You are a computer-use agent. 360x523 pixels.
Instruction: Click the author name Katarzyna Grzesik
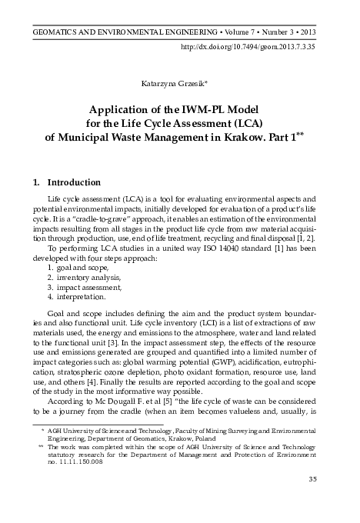(179, 80)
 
